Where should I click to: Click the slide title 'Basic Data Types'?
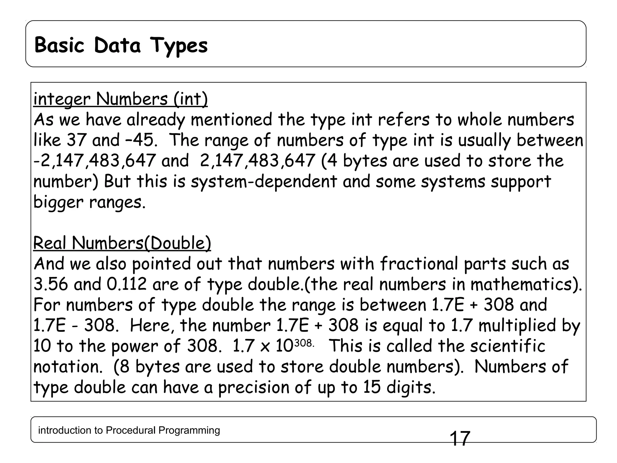[121, 45]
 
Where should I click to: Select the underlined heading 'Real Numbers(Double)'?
[122, 243]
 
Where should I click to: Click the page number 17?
[460, 439]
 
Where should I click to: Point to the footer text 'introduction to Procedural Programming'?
[129, 430]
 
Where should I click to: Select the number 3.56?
[51, 284]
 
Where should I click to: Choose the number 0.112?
[127, 284]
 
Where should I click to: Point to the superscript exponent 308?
[303, 343]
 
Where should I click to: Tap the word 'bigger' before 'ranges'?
[58, 203]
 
